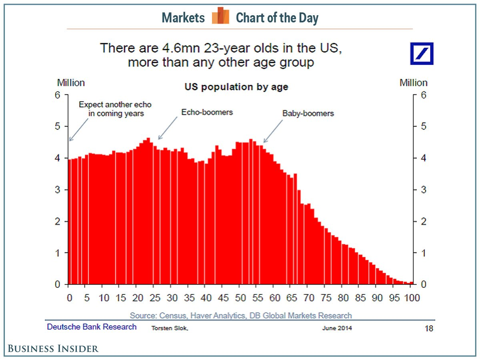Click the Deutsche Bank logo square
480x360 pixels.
(x=421, y=53)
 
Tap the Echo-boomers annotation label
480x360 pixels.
(x=207, y=112)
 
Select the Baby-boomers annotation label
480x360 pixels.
(x=308, y=113)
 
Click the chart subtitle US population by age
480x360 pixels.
(x=236, y=86)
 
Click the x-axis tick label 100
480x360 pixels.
(x=412, y=298)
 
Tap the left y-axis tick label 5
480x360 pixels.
(x=58, y=126)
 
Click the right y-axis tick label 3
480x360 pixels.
(x=423, y=190)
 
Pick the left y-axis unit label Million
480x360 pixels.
(x=71, y=83)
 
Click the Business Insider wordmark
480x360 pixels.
(x=53, y=348)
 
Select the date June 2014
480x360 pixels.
(x=337, y=328)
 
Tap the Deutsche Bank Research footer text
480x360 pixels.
(x=92, y=327)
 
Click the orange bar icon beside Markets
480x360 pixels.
(x=220, y=16)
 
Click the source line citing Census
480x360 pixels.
(x=241, y=316)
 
